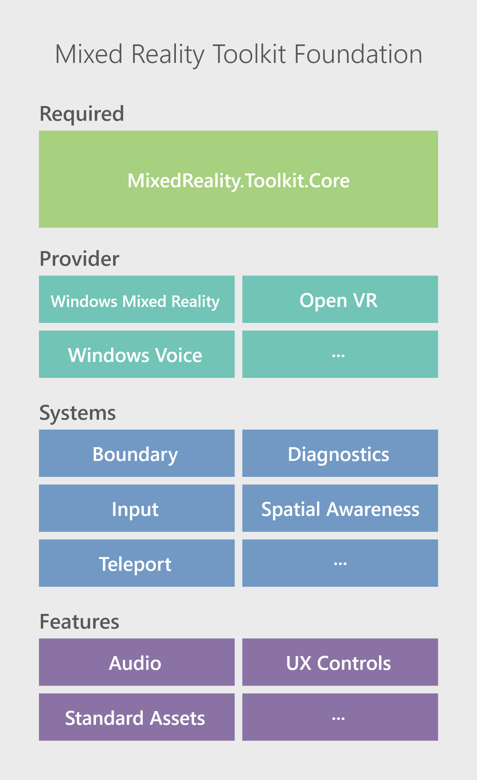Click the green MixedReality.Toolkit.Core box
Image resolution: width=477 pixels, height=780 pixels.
tap(238, 179)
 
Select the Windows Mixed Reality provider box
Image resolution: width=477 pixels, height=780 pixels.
tap(137, 299)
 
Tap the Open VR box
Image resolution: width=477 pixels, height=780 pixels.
tap(340, 299)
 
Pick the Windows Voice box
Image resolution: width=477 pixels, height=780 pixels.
tap(137, 354)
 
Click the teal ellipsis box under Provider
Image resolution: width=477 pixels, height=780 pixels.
tap(340, 354)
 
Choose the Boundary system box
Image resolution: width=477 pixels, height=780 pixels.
tap(137, 453)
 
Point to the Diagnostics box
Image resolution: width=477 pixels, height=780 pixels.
tap(340, 453)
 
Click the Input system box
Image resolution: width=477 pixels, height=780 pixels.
tap(137, 508)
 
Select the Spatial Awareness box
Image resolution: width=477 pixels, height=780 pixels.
tap(340, 508)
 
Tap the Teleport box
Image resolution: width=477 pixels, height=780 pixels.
tap(137, 563)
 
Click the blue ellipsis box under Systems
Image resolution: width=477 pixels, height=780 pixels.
tap(340, 563)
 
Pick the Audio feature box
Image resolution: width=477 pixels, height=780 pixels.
tap(137, 662)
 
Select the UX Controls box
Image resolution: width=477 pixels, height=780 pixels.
tap(340, 662)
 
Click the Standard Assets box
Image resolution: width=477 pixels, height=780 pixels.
tap(137, 717)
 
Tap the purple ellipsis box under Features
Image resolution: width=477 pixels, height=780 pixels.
tap(340, 717)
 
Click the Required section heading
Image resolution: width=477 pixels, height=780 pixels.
tap(82, 114)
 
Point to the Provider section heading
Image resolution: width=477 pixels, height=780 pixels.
tap(79, 259)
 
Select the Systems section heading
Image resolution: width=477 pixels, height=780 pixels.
tap(78, 413)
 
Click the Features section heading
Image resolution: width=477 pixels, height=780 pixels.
tap(79, 622)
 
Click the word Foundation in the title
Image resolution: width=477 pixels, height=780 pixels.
tap(358, 54)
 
